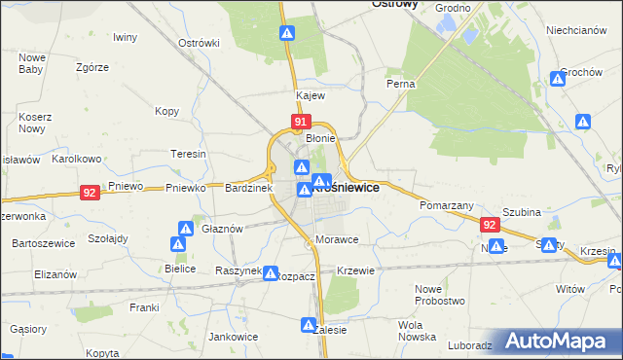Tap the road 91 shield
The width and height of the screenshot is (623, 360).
[300, 123]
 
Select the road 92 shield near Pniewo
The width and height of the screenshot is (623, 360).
[90, 193]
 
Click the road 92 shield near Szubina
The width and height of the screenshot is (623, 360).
[490, 225]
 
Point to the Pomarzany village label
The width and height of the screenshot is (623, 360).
[446, 206]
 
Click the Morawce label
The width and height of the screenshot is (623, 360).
[337, 239]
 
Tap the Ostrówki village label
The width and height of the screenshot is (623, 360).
[200, 43]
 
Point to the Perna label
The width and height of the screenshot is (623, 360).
[401, 84]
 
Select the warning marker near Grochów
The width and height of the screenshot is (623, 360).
[560, 78]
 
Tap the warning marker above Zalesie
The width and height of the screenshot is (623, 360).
[310, 325]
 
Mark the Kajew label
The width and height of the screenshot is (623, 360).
[311, 96]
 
